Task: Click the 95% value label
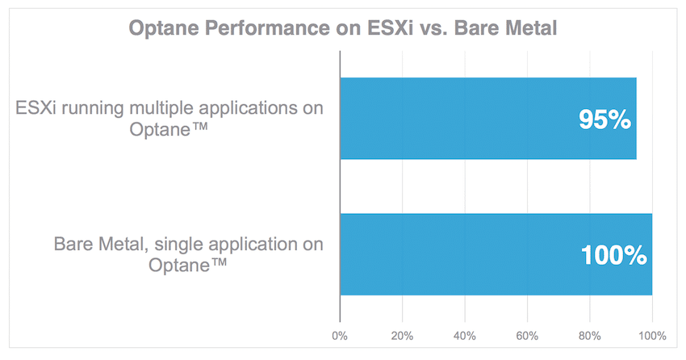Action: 604,119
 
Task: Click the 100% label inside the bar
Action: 614,255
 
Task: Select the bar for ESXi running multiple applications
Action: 488,118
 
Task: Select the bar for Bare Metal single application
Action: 496,254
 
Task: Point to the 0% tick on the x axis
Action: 340,336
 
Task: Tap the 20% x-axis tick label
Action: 402,336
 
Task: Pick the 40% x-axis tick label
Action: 465,336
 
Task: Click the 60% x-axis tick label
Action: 527,336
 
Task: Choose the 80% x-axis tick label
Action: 590,336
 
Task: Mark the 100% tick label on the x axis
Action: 652,336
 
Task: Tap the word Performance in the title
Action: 267,27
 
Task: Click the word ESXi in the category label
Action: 36,107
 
